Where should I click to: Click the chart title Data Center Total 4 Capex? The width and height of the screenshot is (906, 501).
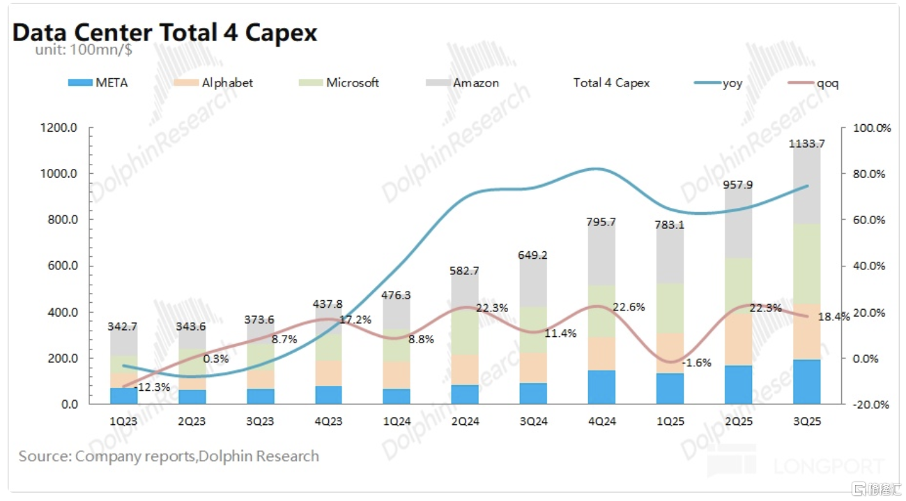165,33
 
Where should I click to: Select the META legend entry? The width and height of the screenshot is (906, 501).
98,82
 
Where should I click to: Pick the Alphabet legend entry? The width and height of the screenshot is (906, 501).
213,82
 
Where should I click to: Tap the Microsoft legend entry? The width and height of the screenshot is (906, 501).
339,82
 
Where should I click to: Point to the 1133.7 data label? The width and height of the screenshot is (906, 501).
806,144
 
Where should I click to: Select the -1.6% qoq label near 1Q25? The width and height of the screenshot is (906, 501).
697,363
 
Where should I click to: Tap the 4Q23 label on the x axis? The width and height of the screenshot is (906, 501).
328,421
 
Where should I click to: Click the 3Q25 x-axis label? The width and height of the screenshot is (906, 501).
806,421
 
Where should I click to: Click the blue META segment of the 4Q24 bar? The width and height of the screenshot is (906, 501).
601,387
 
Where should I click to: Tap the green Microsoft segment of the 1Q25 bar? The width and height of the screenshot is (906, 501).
670,308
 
